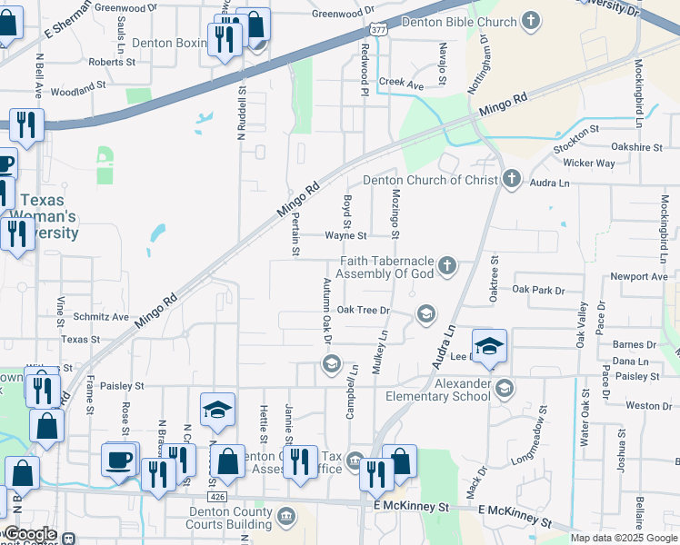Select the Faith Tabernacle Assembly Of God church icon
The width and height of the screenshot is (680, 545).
445,265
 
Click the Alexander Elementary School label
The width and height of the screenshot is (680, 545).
438,390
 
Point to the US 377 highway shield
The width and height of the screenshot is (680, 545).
379,29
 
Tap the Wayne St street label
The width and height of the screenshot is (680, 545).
345,235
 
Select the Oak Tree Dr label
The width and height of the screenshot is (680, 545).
363,310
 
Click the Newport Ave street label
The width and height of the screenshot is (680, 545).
639,276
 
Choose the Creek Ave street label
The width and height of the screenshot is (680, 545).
402,84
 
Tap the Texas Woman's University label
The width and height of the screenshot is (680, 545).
47,216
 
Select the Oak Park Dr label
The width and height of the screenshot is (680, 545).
538,290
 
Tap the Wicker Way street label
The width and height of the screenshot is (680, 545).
589,163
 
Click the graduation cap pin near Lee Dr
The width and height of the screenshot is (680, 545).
489,346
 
